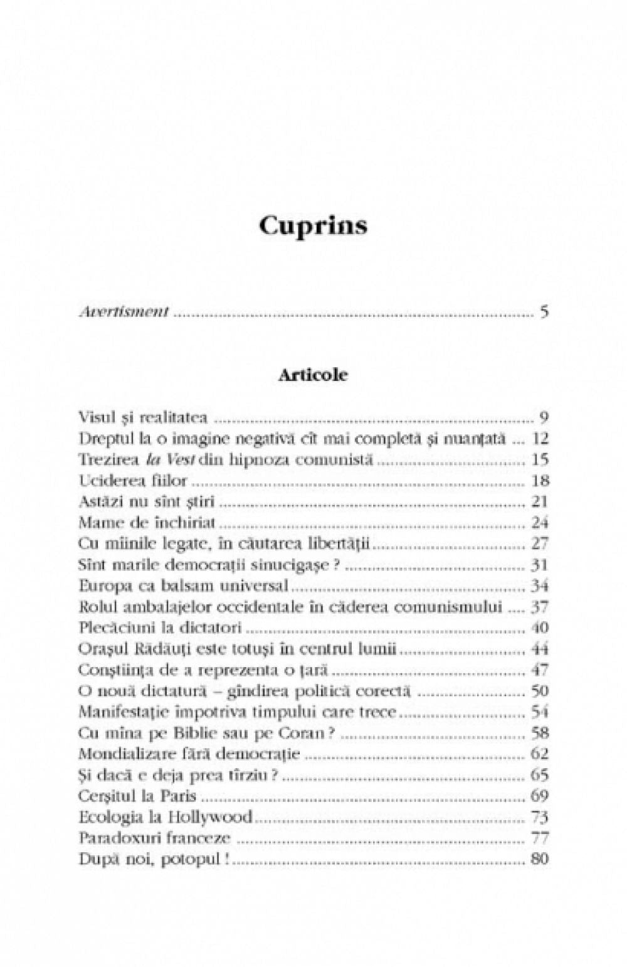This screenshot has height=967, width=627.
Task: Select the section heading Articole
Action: point(313,375)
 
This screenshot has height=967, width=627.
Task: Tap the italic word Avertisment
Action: point(124,312)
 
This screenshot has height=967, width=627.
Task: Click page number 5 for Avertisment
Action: point(544,312)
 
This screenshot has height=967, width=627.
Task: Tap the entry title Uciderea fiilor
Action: point(133,481)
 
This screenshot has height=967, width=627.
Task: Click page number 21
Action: point(539,501)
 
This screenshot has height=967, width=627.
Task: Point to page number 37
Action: point(539,607)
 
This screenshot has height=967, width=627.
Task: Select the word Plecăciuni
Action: point(114,628)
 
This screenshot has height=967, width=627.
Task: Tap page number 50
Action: point(539,691)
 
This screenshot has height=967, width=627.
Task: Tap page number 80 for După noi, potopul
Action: point(539,859)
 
